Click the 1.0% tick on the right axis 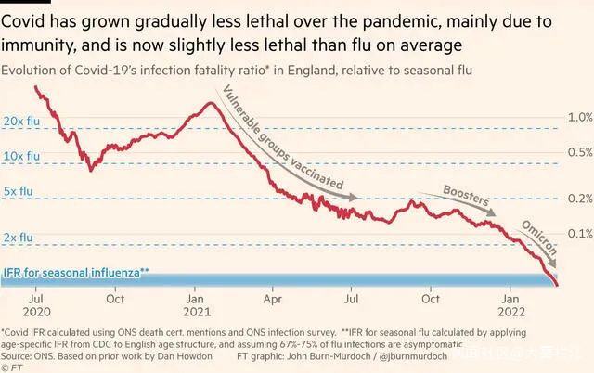[580, 117]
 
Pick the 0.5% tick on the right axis [580, 152]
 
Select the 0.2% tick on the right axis [580, 199]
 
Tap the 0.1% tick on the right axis [580, 233]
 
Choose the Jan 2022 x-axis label [510, 306]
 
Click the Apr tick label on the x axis [272, 300]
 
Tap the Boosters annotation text [466, 194]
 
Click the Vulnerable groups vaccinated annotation [278, 135]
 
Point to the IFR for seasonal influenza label [76, 273]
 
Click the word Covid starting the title [25, 18]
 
